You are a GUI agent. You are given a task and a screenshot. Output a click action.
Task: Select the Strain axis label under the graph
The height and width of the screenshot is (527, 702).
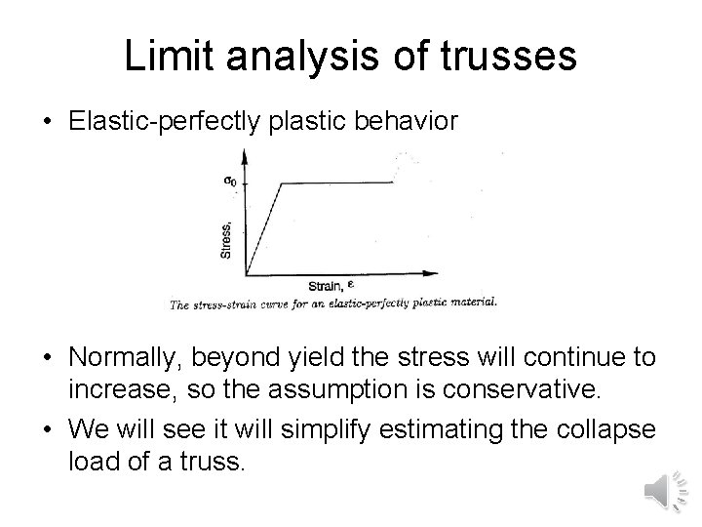[x=326, y=286]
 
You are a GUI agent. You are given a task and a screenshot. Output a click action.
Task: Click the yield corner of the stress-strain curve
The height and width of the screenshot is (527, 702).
[x=281, y=182]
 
